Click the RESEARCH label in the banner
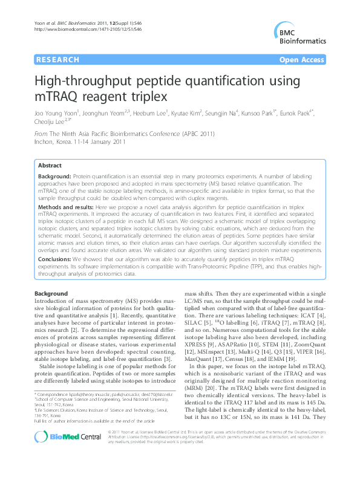[57, 60]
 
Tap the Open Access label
[301, 60]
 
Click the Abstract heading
[50, 165]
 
